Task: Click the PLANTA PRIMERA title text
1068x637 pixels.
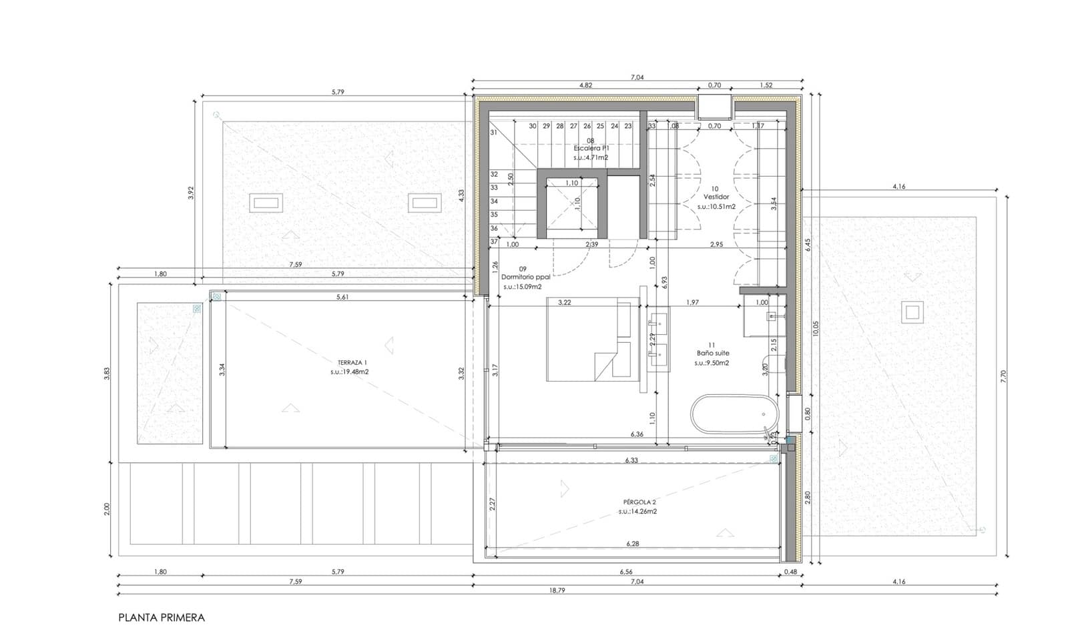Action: [162, 618]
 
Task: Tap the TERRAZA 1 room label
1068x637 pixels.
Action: [348, 362]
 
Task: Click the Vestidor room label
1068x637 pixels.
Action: [716, 197]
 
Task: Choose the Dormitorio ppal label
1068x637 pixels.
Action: [525, 277]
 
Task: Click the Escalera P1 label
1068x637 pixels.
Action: [591, 149]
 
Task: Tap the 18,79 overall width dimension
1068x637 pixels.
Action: [557, 590]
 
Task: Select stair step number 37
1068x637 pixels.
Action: [494, 241]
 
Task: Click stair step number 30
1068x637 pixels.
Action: [533, 126]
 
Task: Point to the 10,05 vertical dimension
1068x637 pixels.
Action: [816, 329]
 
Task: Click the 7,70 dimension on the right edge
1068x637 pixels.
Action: [1003, 377]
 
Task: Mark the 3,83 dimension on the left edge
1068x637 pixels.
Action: [107, 374]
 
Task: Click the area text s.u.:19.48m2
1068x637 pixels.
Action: [349, 372]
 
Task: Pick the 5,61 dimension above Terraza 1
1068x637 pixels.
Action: [342, 297]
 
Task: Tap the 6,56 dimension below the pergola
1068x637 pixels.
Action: [625, 572]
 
